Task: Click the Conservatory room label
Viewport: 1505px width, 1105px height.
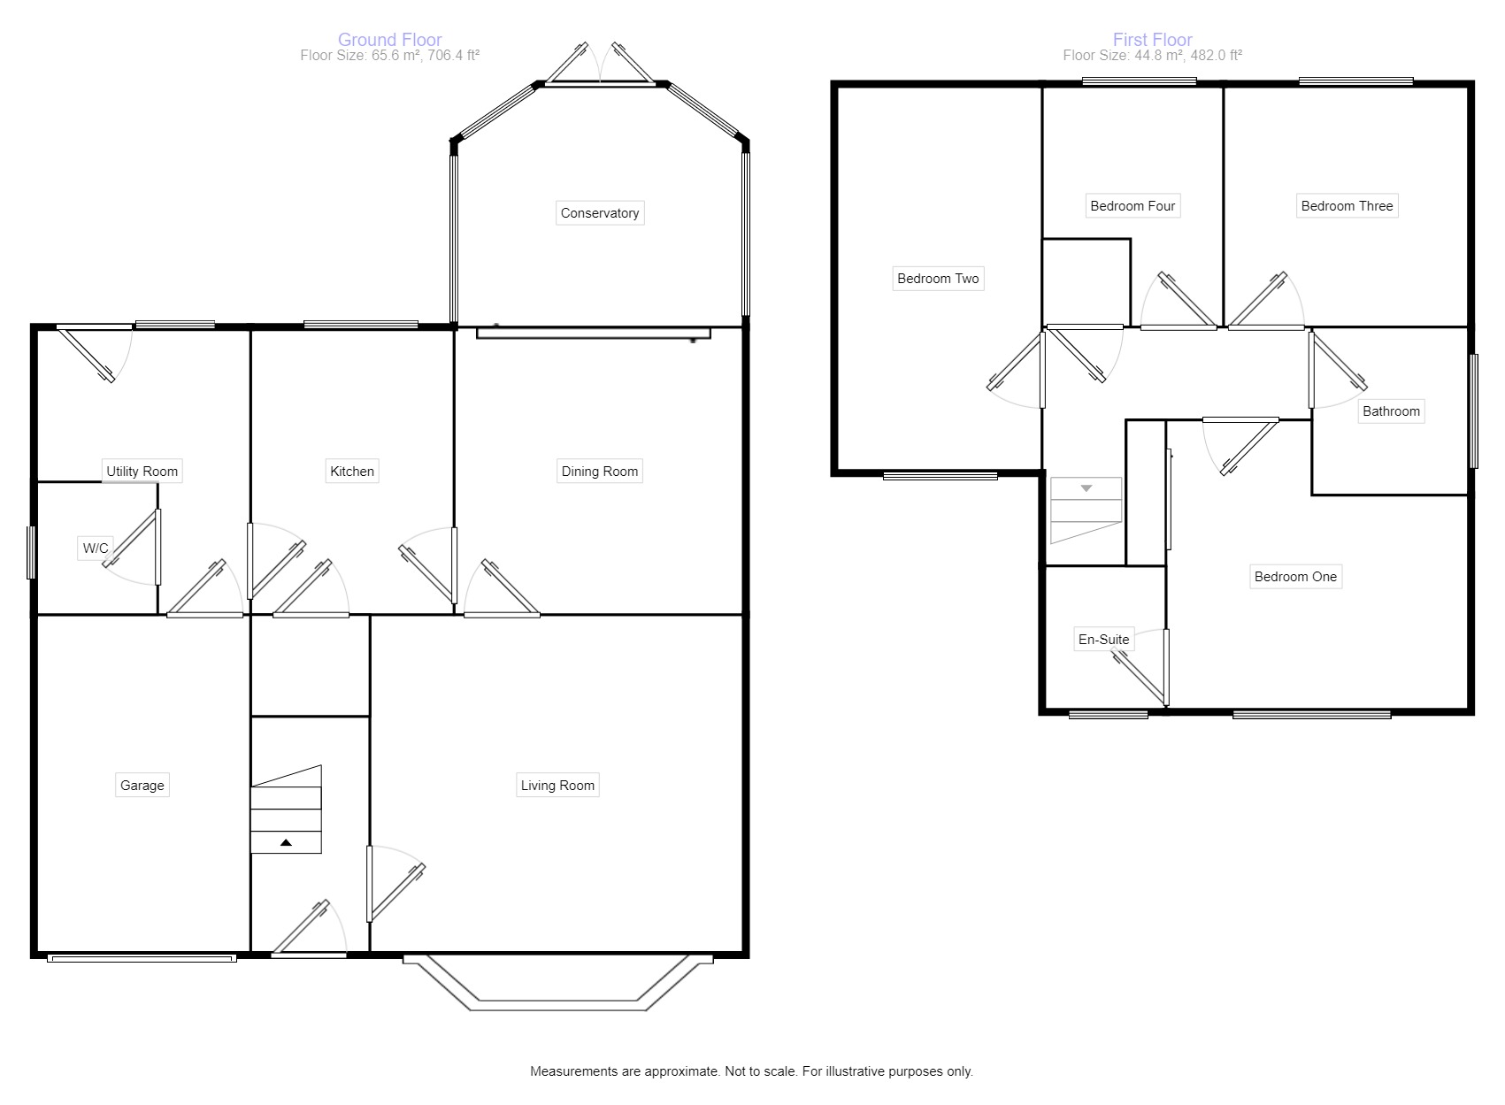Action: (599, 213)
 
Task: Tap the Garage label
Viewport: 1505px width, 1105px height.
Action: (142, 785)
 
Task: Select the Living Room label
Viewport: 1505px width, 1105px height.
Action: (557, 785)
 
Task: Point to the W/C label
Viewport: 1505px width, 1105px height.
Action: (96, 549)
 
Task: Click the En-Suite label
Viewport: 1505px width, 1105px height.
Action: (1103, 639)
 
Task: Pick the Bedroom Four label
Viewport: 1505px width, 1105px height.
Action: (1133, 206)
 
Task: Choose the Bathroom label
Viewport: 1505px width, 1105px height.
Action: (1391, 411)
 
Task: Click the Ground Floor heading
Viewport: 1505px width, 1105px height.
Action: (389, 40)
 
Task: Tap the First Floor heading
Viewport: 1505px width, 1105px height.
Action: (1152, 40)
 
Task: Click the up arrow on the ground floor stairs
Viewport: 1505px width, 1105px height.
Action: (286, 843)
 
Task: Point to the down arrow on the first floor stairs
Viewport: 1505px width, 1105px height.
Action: (1087, 488)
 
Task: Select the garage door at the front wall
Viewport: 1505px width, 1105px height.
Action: (142, 957)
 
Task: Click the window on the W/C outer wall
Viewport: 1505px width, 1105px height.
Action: (31, 553)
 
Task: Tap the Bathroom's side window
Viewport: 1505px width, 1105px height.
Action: (1473, 411)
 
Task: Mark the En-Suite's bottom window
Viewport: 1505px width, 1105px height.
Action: (1108, 714)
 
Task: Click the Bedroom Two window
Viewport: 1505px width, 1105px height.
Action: (941, 476)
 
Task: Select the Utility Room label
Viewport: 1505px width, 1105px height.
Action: (142, 471)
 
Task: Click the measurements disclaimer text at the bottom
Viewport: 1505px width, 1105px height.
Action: (751, 1071)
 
